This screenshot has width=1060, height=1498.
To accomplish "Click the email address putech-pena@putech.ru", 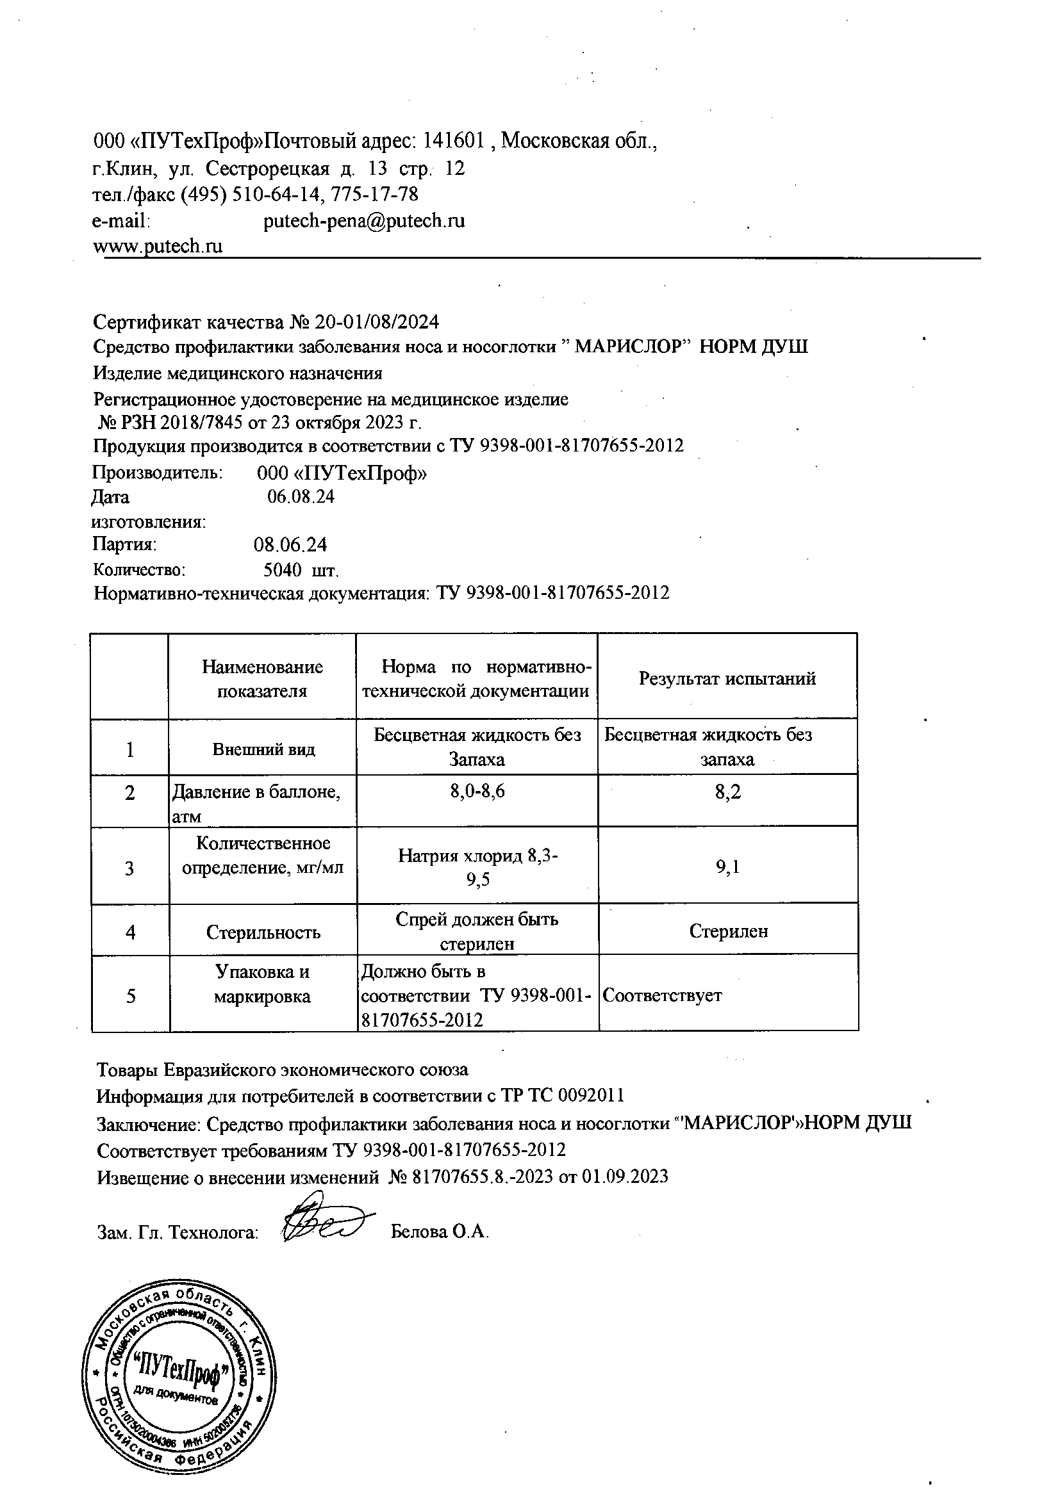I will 364,221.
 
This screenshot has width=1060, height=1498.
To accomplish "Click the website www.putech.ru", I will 158,247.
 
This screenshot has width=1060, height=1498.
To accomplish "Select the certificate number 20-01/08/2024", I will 377,322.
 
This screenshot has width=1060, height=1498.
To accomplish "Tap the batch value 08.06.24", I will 290,545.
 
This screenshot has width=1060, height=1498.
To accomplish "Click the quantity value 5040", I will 282,571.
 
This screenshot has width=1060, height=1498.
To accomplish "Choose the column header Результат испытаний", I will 727,678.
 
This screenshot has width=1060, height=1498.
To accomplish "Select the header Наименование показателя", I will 262,678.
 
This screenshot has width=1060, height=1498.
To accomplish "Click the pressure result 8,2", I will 728,793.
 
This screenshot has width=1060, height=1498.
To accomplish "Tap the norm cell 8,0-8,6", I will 478,792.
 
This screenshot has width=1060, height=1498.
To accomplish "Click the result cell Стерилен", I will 729,931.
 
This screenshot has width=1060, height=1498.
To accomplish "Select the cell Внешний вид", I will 263,749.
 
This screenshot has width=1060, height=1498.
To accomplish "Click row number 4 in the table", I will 131,932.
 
